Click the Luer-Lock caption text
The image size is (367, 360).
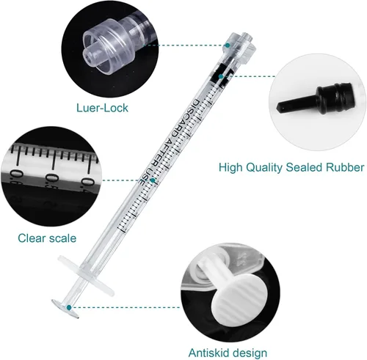tap(102, 108)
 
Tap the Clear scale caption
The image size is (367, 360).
tap(47, 238)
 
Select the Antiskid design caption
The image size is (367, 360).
tap(228, 353)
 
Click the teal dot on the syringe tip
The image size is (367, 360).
tap(228, 45)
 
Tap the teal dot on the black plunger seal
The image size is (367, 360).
tap(221, 76)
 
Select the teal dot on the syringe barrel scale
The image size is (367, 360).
tap(153, 180)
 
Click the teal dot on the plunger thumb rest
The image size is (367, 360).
tap(69, 307)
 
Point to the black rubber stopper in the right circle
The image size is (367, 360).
tap(316, 100)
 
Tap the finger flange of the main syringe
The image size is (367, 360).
tap(86, 276)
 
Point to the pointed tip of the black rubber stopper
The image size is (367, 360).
tap(279, 107)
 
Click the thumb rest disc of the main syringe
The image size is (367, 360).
tap(65, 309)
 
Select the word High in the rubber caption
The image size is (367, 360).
tap(230, 168)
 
